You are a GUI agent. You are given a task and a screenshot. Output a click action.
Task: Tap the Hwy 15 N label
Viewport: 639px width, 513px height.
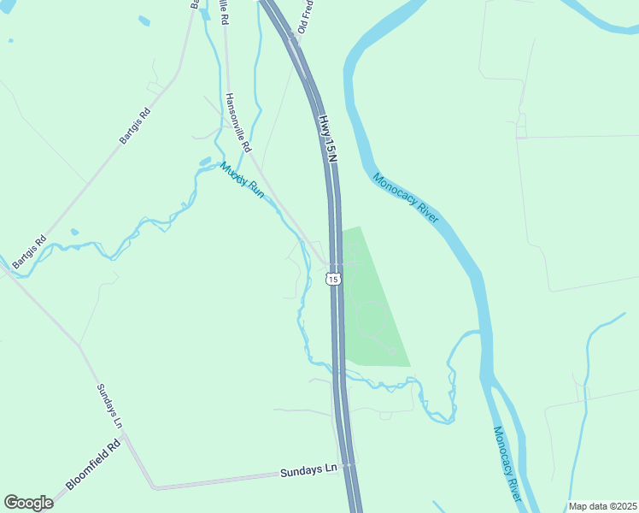click(x=327, y=138)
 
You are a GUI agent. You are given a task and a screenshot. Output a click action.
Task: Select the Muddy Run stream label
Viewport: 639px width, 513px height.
click(x=243, y=180)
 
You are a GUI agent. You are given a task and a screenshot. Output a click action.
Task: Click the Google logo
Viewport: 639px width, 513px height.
click(x=28, y=503)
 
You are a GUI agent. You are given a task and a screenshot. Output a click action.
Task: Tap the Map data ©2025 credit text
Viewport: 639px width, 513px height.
click(x=602, y=506)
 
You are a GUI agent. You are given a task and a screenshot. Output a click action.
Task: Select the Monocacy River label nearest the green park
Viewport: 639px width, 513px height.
click(x=405, y=198)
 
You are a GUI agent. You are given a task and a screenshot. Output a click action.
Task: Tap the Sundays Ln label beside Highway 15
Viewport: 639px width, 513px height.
click(x=309, y=470)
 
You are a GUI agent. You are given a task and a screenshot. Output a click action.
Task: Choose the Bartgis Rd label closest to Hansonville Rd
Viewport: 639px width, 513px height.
click(x=135, y=125)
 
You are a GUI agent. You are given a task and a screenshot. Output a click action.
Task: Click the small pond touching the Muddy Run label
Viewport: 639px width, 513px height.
click(x=205, y=160)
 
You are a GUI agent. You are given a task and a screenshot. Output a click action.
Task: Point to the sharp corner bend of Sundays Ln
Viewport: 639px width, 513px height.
click(x=154, y=488)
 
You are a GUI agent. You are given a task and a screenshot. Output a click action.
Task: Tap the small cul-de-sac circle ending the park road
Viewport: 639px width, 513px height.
click(x=391, y=350)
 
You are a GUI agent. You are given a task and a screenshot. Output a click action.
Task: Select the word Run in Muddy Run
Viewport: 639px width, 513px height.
click(x=255, y=191)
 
